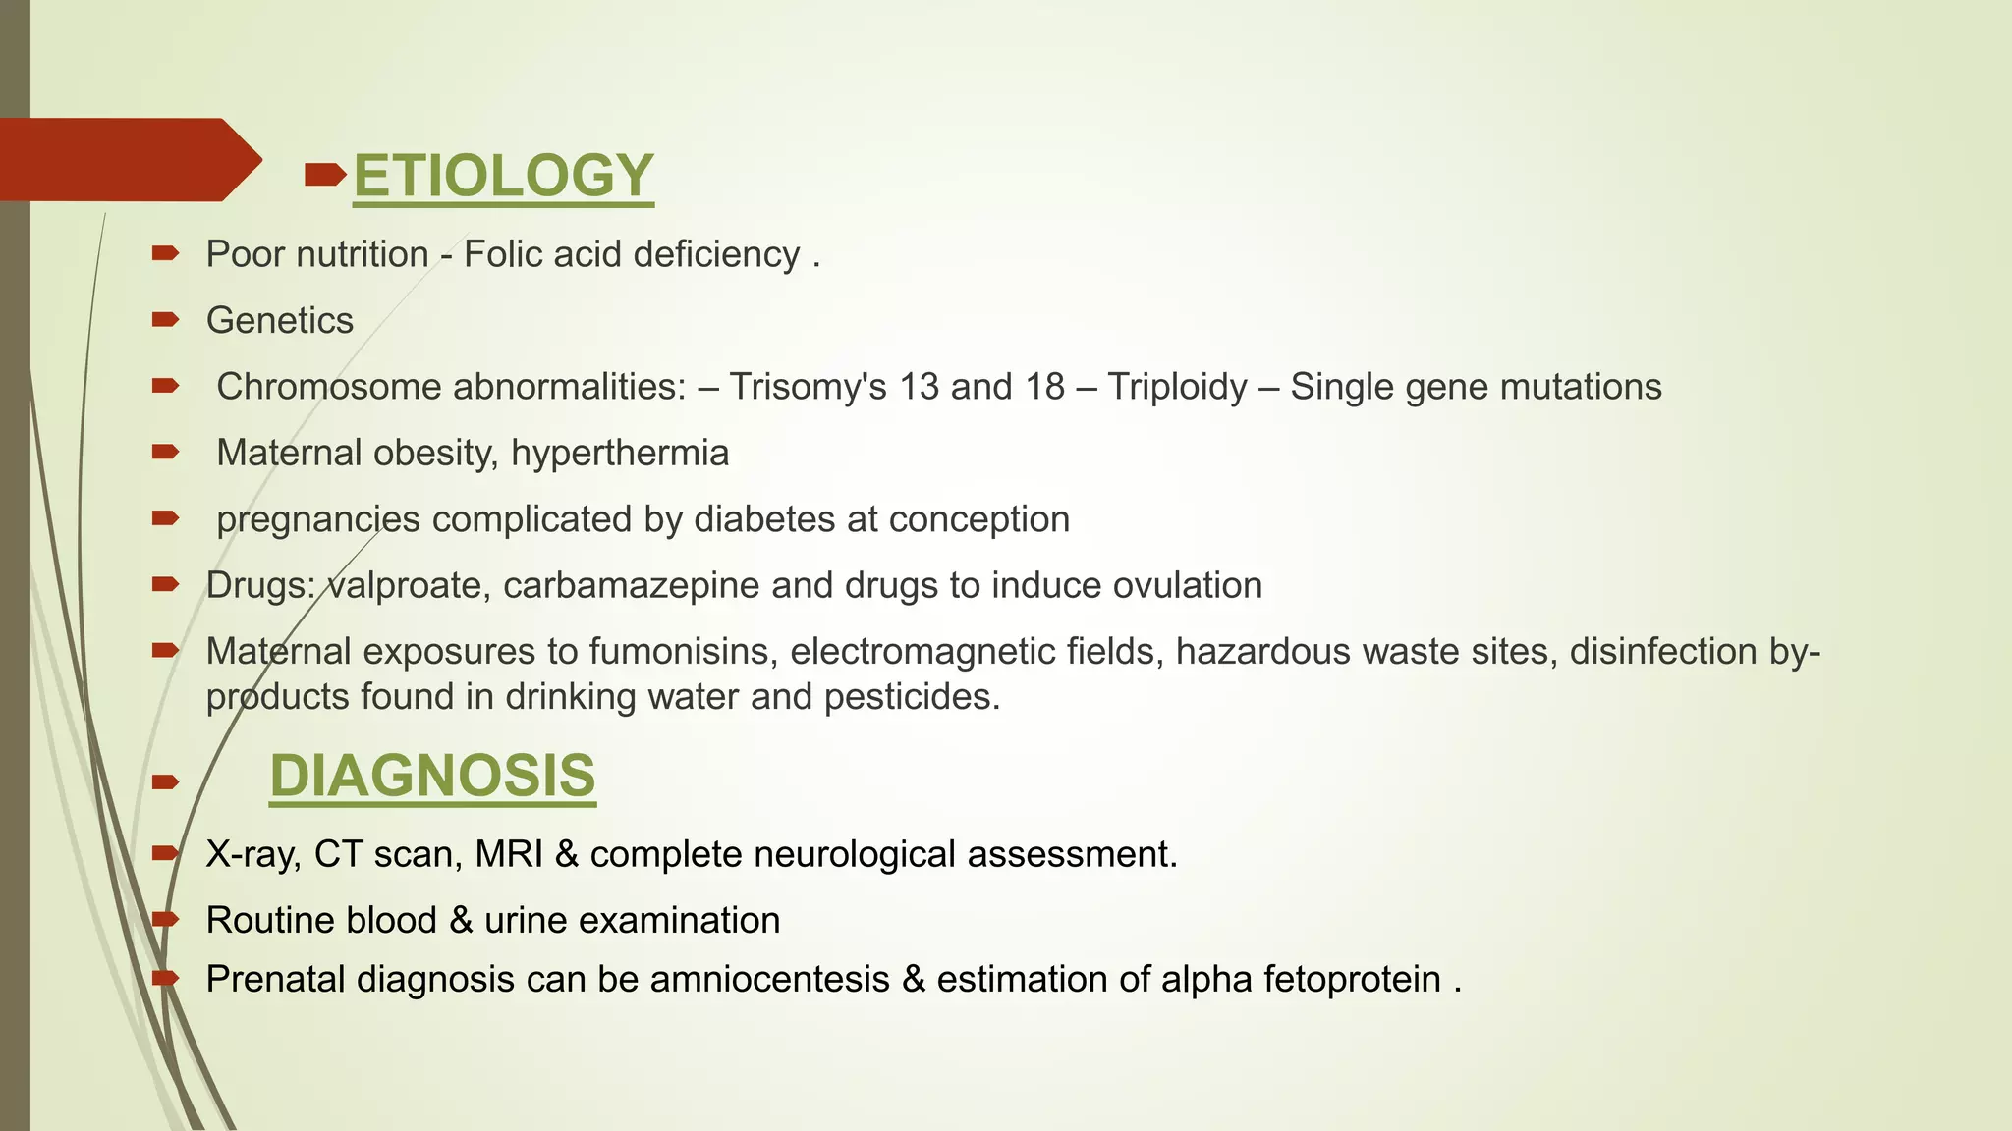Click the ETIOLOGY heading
[503, 176]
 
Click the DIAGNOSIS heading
[432, 776]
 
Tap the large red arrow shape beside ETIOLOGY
[128, 160]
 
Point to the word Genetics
[280, 321]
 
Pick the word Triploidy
[1177, 387]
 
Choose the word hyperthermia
[620, 454]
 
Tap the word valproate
[405, 585]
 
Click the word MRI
[509, 854]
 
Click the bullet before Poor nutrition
[165, 254]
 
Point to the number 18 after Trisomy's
[1045, 387]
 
